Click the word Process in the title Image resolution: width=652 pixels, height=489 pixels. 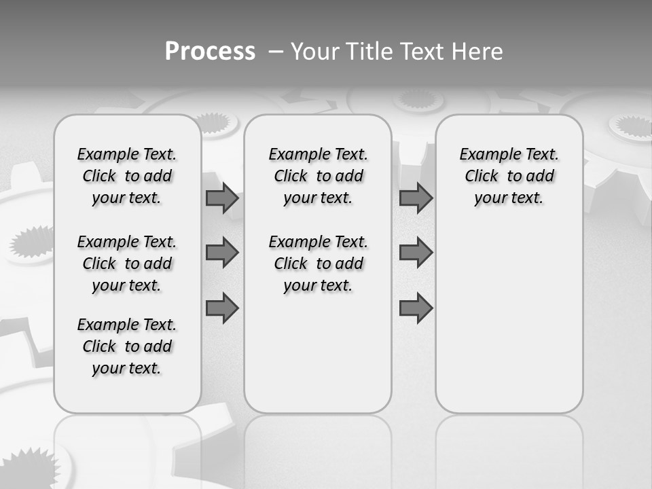click(210, 51)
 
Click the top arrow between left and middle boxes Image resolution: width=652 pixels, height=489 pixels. click(222, 198)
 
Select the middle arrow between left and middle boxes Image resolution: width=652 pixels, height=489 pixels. click(222, 253)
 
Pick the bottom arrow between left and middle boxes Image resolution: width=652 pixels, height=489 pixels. click(222, 308)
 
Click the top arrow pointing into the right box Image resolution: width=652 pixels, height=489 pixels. click(416, 198)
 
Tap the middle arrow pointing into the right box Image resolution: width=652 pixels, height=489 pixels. click(416, 253)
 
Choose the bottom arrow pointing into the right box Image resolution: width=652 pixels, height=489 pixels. click(416, 308)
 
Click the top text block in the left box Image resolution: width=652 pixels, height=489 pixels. click(127, 176)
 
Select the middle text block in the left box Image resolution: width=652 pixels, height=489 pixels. click(127, 264)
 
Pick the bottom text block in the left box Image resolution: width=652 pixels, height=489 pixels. click(127, 346)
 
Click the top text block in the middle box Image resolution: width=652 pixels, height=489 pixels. click(318, 176)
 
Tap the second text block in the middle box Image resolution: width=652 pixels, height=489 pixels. click(318, 264)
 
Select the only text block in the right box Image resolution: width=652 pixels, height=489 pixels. click(509, 176)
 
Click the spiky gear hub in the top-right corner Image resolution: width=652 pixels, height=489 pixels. click(632, 126)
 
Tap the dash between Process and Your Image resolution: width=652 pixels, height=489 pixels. click(275, 52)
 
